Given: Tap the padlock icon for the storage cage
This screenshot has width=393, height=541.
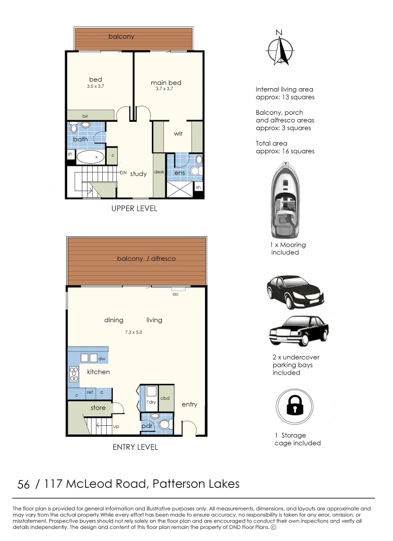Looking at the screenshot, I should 296,407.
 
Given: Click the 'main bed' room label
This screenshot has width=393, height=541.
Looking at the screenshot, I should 166,83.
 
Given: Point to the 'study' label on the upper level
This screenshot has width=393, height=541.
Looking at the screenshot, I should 138,174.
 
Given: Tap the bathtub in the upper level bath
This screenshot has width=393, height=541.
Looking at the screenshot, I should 90,157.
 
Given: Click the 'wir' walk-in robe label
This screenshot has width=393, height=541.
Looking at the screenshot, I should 178,134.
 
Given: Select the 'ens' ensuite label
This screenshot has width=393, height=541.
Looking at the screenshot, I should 179,173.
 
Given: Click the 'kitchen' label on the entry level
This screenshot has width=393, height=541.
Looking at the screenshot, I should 98,372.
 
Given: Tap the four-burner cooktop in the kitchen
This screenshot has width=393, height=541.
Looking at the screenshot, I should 74,373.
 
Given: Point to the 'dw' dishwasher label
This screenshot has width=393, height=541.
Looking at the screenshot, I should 101,359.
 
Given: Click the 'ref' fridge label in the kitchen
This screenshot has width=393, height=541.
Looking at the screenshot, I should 90,392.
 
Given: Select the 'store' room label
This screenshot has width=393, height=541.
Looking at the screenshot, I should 98,408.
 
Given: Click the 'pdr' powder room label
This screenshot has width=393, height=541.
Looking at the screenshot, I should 147,426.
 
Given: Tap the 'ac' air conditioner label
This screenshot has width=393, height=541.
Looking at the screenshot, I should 175,294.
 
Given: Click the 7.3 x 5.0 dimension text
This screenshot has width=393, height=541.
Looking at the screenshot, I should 133,332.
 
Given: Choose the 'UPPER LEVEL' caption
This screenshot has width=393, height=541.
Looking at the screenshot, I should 134,208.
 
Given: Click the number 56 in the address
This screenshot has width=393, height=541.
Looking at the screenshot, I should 24,484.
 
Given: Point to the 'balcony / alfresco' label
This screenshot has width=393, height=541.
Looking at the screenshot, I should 146,258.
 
